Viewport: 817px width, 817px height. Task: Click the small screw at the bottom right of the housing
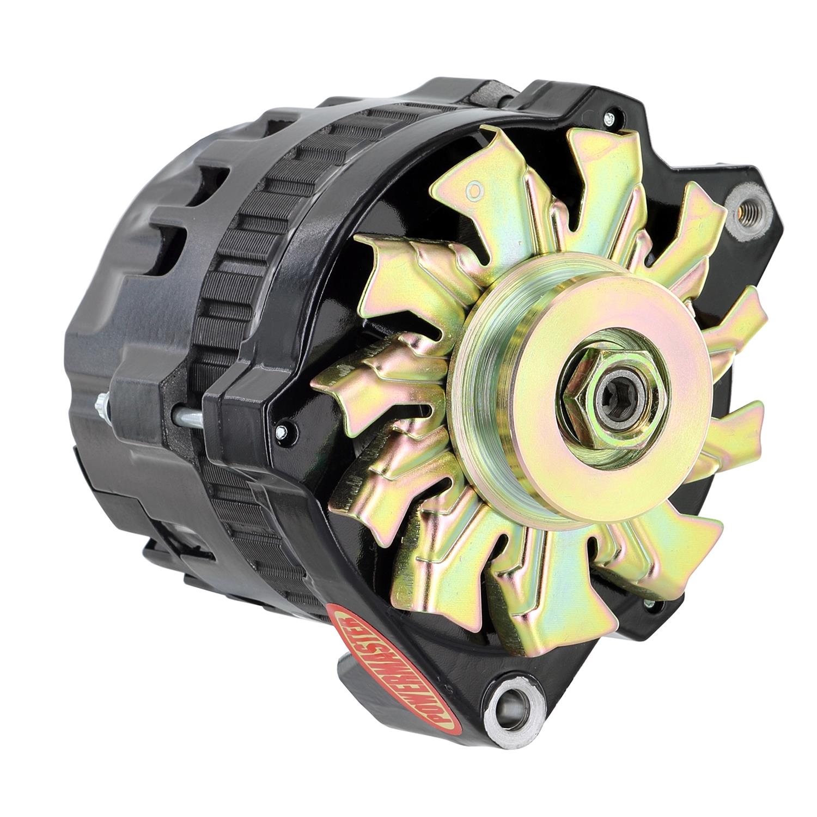click(648, 603)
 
